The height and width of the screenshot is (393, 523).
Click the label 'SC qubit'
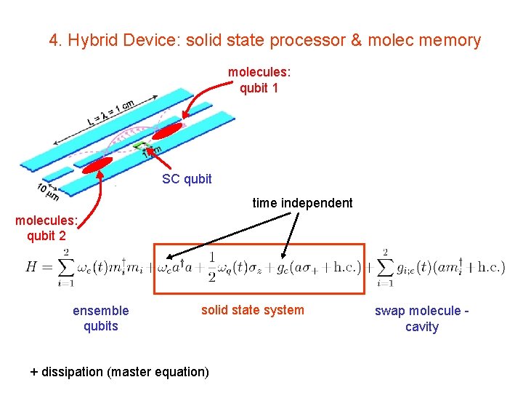tap(187, 179)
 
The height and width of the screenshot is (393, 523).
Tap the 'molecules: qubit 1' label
tap(259, 80)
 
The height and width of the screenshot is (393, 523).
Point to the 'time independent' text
tap(302, 203)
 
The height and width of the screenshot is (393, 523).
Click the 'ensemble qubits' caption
tap(100, 318)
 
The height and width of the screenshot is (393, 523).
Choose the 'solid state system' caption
tap(253, 310)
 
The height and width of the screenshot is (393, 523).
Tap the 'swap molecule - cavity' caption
tap(421, 319)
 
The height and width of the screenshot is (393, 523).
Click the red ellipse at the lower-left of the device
tap(98, 164)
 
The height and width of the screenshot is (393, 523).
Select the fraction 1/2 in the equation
tap(211, 266)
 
